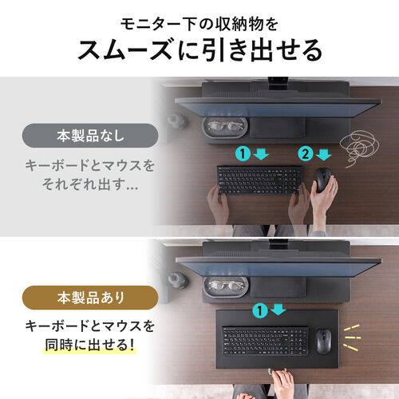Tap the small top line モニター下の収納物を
point(199,18)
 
